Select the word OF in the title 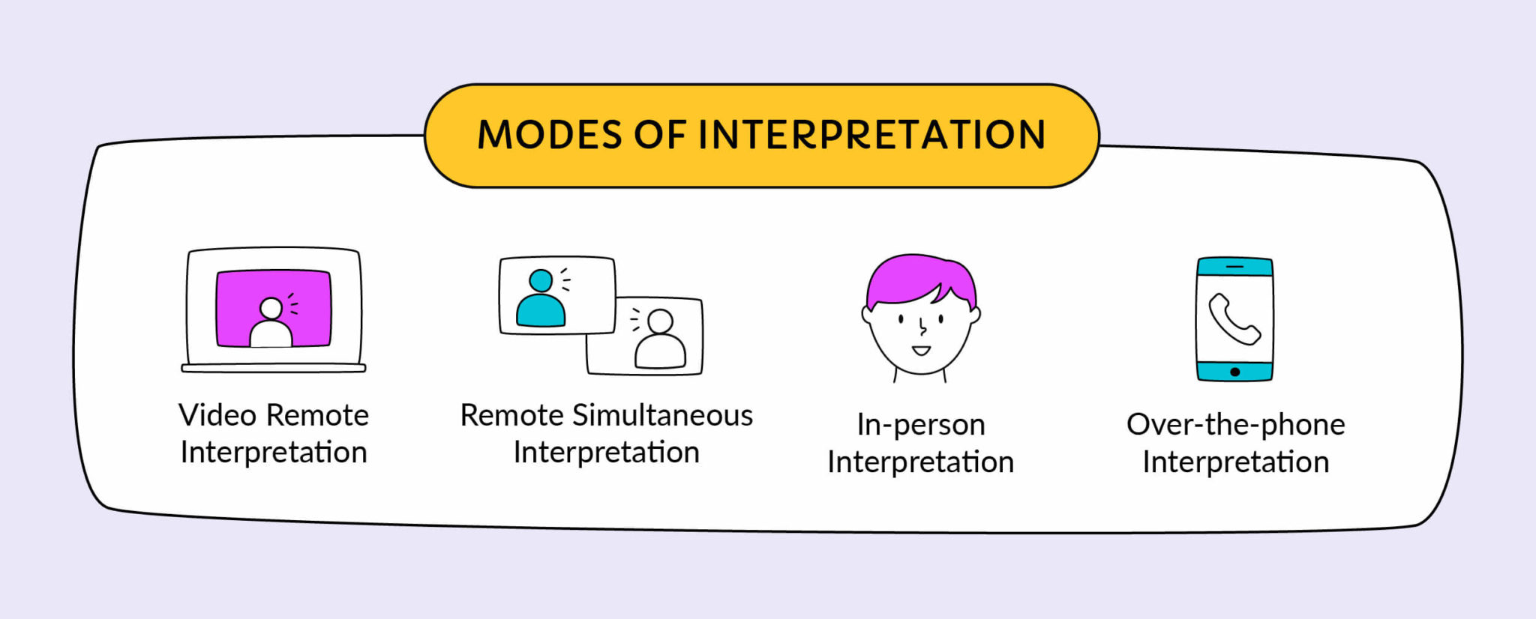pyautogui.click(x=659, y=135)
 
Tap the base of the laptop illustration pyautogui.click(x=273, y=368)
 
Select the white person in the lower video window pyautogui.click(x=660, y=341)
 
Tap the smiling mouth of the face pyautogui.click(x=921, y=350)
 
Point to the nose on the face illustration pyautogui.click(x=922, y=327)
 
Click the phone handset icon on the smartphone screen pyautogui.click(x=1234, y=319)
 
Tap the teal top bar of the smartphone pyautogui.click(x=1234, y=267)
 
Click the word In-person pyautogui.click(x=921, y=425)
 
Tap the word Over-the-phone pyautogui.click(x=1235, y=425)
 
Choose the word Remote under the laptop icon pyautogui.click(x=317, y=415)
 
